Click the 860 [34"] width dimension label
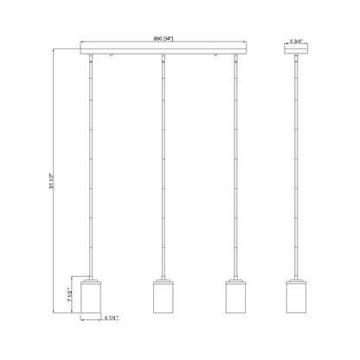(163, 41)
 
